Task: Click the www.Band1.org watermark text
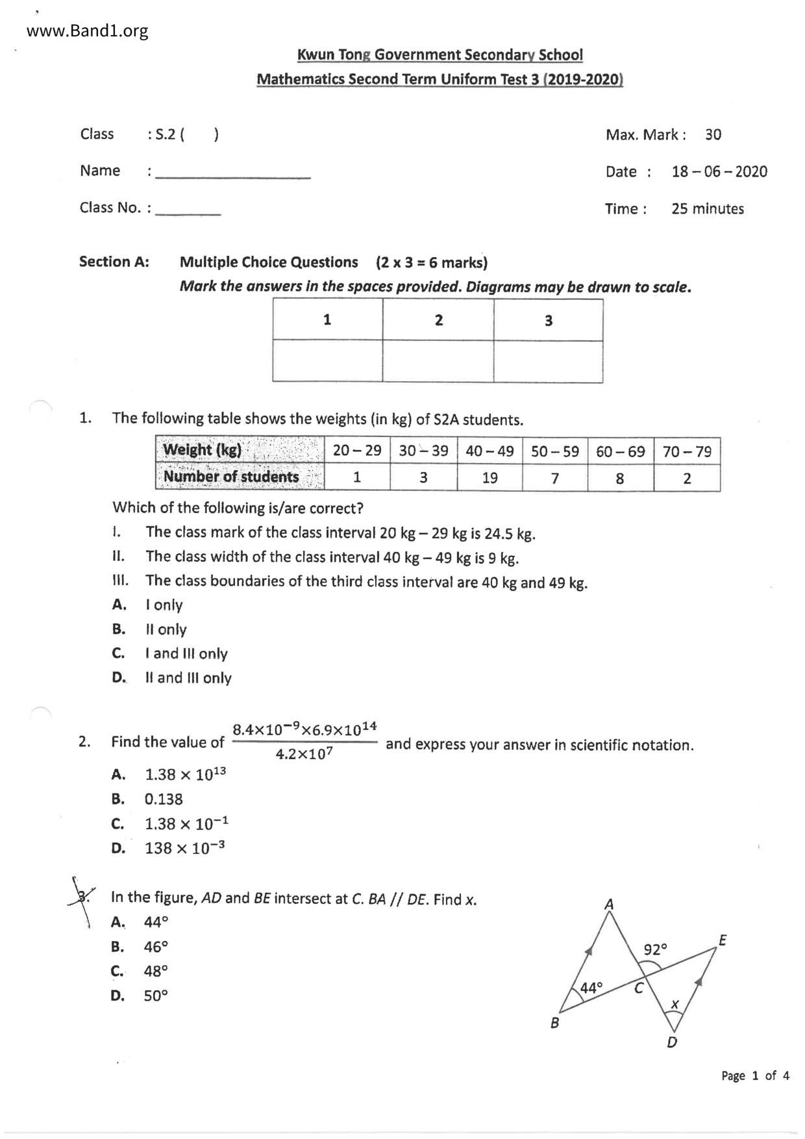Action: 88,31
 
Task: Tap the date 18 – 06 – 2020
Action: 719,172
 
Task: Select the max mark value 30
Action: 713,135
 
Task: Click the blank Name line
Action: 233,173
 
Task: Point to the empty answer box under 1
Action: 327,361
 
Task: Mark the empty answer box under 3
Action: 548,361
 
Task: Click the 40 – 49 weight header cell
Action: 489,451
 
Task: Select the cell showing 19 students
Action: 489,479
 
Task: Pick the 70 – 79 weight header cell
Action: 687,451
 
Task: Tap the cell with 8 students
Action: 620,479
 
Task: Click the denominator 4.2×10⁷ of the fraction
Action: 304,755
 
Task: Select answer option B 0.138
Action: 164,799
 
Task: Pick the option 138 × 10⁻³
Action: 184,848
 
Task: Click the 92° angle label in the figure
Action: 655,950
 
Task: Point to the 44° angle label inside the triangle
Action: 591,988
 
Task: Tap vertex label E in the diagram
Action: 723,940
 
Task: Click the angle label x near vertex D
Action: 675,1005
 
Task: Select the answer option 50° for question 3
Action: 156,996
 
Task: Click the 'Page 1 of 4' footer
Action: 755,1076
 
